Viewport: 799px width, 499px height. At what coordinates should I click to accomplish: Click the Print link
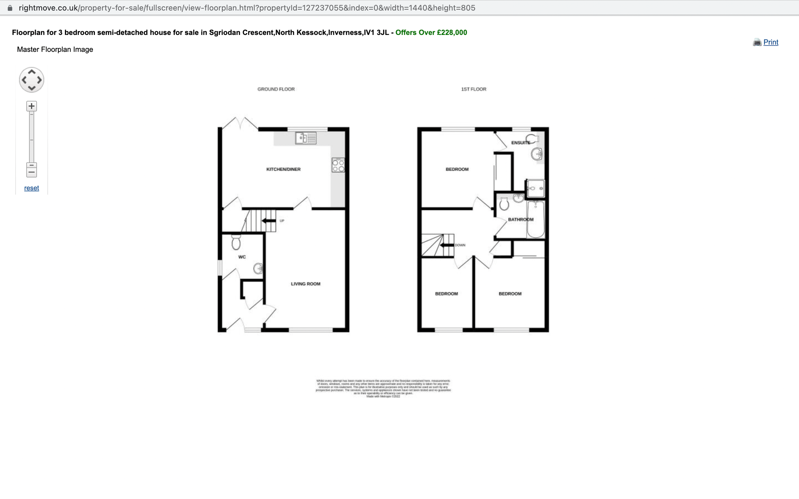coord(770,42)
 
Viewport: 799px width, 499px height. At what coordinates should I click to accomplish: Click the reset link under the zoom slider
coord(32,188)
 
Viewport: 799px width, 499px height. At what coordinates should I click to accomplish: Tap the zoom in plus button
coord(32,106)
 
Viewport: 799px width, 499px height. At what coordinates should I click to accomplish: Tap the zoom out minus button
coord(32,172)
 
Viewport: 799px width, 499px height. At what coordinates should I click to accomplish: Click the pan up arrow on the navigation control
coord(32,72)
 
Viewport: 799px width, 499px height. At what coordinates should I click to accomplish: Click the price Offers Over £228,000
coord(431,33)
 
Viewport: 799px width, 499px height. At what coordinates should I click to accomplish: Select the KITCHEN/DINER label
coord(283,169)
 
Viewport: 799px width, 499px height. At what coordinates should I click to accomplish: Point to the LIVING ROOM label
coord(306,284)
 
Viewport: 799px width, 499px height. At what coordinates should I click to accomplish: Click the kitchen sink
coord(306,138)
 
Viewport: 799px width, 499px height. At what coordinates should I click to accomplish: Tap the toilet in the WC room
coord(236,242)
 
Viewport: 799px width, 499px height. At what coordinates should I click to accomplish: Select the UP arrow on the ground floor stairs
coord(269,221)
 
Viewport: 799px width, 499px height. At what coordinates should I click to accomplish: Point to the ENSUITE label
coord(521,143)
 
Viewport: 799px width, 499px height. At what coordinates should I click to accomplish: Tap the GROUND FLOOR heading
coord(276,89)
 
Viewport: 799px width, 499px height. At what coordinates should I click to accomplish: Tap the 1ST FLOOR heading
coord(473,89)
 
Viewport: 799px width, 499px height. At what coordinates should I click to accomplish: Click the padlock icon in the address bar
coord(10,8)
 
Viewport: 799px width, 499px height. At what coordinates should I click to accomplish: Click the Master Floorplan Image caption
coord(55,50)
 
